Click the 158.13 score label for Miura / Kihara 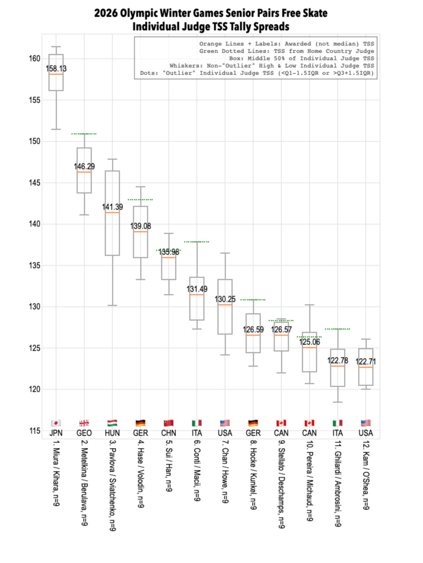[x=56, y=69]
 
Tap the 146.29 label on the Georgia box [x=84, y=166]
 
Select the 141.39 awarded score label [x=112, y=207]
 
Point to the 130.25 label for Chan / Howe [x=225, y=299]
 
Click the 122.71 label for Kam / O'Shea [x=366, y=362]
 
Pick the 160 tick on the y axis [x=35, y=58]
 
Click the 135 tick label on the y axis [x=35, y=265]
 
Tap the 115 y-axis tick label [x=35, y=431]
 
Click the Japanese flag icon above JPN [x=56, y=423]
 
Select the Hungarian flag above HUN [x=112, y=423]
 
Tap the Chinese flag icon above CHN [x=169, y=423]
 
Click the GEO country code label [x=84, y=433]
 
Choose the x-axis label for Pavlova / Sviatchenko [x=112, y=485]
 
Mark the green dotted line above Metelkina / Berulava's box [x=84, y=134]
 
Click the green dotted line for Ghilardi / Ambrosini [x=337, y=329]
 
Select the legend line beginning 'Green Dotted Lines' [x=286, y=51]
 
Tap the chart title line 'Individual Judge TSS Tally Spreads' [x=211, y=27]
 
